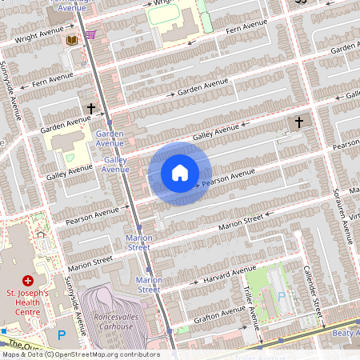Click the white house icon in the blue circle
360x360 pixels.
[180, 172]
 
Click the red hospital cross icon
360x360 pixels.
[28, 281]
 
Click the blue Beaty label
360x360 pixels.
[346, 331]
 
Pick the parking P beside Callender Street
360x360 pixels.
[280, 296]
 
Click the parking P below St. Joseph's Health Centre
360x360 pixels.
[62, 336]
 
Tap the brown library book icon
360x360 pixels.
[72, 39]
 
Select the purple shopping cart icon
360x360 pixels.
[90, 34]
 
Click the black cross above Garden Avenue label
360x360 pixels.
[91, 107]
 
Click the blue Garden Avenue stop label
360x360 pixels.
[110, 138]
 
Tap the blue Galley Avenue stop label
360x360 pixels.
[116, 164]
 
